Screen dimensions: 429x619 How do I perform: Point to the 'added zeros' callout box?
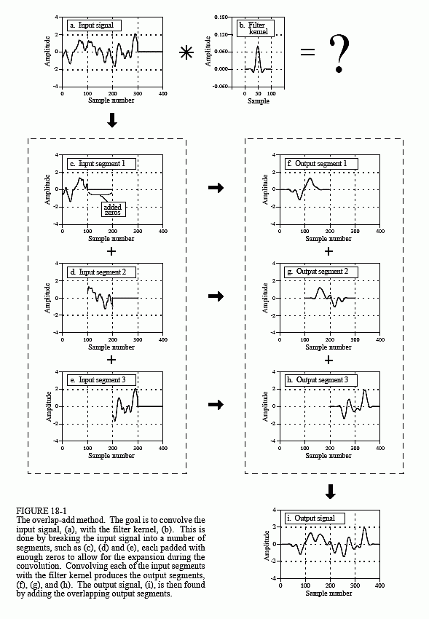tap(114, 209)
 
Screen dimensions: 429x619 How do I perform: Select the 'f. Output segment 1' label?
tap(321, 163)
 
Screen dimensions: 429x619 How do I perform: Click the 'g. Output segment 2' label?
tap(321, 272)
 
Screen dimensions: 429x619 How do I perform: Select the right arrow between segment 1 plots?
tap(216, 189)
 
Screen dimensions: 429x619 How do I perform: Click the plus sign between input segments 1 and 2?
tap(111, 251)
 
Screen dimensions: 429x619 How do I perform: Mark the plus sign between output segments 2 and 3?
tap(329, 360)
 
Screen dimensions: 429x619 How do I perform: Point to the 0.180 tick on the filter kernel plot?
tap(224, 15)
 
